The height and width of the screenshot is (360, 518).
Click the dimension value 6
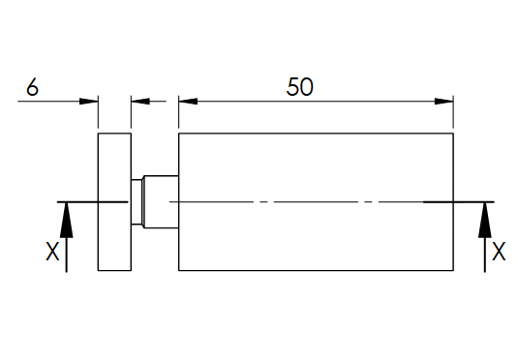tap(32, 87)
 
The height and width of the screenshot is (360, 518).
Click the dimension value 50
tap(299, 87)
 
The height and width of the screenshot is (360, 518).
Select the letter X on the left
tap(52, 252)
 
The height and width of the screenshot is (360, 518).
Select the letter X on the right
tap(499, 252)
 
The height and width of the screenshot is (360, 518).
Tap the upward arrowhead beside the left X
tap(67, 220)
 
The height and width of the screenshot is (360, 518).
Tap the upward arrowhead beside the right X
tap(485, 220)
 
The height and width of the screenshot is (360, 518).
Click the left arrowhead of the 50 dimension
tap(188, 101)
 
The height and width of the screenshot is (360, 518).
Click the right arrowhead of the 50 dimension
tap(444, 101)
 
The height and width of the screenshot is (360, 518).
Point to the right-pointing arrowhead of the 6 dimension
tap(88, 101)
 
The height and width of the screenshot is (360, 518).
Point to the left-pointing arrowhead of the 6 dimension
tap(140, 101)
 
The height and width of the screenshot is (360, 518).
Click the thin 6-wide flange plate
tap(114, 202)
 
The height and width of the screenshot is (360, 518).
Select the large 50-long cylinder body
tap(316, 202)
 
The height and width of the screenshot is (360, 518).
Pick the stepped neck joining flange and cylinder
tap(162, 202)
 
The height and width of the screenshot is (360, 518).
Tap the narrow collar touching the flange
tap(137, 202)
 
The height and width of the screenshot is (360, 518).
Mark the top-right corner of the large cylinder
tap(453, 134)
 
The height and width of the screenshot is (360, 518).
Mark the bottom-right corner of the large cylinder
tap(453, 270)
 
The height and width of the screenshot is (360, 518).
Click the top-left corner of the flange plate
tap(98, 134)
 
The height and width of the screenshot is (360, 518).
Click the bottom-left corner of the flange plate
tap(98, 270)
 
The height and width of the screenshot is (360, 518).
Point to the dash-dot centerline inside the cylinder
tap(296, 201)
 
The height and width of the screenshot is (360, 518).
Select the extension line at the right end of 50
tap(453, 111)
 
